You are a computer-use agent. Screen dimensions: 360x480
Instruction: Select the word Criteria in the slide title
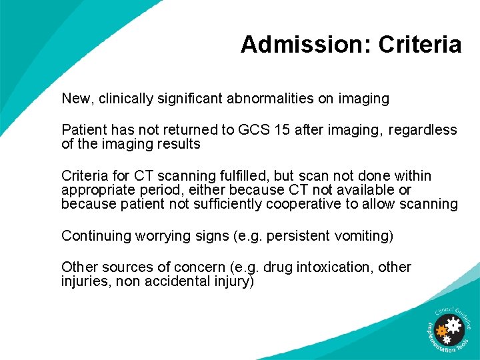tap(420, 45)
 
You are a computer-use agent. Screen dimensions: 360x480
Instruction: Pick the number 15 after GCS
tap(283, 129)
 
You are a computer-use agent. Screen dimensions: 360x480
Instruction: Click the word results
tap(179, 144)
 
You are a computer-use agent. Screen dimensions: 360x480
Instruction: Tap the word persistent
tap(298, 235)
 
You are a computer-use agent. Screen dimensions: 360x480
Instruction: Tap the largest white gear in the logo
tap(454, 326)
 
